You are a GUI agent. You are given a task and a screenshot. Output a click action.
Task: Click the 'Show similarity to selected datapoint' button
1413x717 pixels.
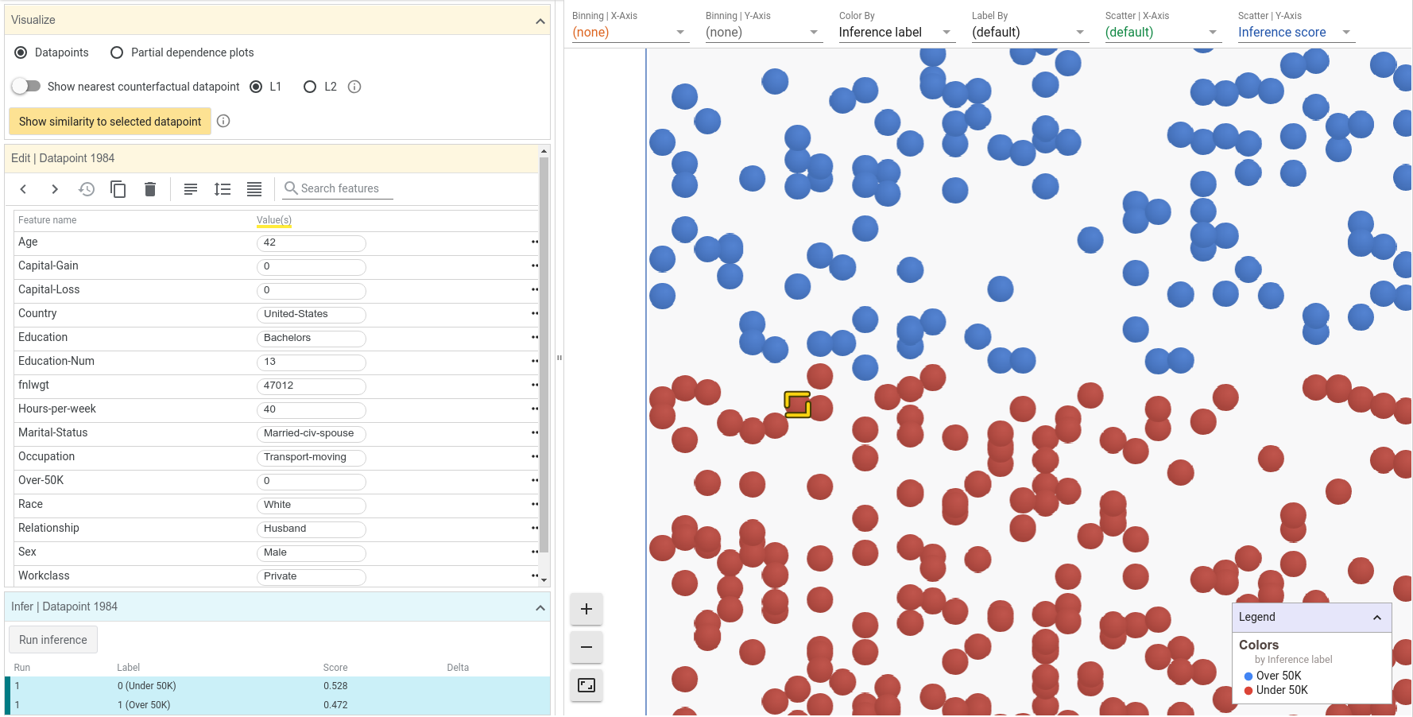click(110, 122)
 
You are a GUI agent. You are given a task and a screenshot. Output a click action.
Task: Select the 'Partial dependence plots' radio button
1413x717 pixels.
click(117, 52)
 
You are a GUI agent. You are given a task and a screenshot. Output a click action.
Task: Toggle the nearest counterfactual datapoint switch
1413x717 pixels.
click(26, 86)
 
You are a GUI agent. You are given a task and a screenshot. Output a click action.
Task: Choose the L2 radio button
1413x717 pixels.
click(310, 87)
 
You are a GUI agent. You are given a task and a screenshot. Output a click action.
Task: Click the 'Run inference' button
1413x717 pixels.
click(53, 640)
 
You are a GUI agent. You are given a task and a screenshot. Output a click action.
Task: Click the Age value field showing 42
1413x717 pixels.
click(311, 242)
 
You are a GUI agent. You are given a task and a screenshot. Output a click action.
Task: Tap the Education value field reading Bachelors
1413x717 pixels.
click(311, 338)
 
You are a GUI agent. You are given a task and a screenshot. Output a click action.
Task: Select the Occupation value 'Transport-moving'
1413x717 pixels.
click(311, 457)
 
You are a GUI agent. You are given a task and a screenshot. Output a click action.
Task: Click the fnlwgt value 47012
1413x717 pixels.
click(311, 386)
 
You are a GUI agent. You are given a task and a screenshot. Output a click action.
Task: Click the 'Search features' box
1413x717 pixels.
click(338, 188)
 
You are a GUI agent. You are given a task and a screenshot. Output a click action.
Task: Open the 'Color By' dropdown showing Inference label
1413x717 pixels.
click(895, 33)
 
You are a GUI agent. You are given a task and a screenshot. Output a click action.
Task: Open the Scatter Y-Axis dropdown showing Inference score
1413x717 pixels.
click(1295, 33)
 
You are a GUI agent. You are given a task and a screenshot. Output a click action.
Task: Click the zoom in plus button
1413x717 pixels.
click(586, 610)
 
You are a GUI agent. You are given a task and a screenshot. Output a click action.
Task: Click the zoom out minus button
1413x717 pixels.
click(586, 647)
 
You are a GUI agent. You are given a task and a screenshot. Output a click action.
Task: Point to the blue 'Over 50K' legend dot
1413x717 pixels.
click(1248, 676)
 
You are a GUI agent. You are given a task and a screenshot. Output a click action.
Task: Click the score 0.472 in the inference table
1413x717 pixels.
click(335, 705)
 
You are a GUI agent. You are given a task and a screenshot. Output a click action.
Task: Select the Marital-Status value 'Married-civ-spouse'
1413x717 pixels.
click(311, 433)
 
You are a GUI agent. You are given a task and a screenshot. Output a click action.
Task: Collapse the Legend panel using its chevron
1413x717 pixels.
click(1377, 618)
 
